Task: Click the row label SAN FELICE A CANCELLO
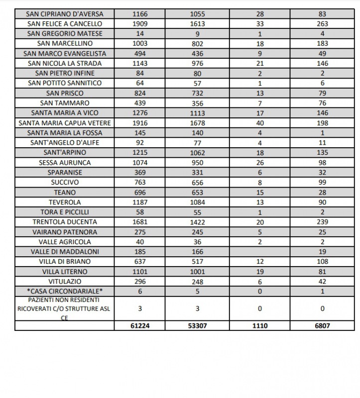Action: (x=65, y=23)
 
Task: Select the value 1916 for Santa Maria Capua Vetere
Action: (x=140, y=123)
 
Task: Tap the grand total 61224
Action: (x=140, y=325)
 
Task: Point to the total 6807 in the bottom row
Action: (x=322, y=325)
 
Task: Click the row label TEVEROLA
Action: (x=65, y=202)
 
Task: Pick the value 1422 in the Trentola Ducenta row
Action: (x=197, y=222)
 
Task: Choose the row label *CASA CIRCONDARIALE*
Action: (x=65, y=291)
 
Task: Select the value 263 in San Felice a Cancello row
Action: (x=322, y=23)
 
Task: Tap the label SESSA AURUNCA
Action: (x=65, y=163)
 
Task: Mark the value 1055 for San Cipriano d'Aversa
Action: (x=197, y=14)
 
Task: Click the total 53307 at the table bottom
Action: (x=197, y=325)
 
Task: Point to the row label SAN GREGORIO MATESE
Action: (x=65, y=33)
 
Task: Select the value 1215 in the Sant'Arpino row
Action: (x=140, y=153)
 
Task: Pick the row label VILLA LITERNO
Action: (x=65, y=272)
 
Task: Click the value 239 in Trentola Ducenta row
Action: (x=322, y=222)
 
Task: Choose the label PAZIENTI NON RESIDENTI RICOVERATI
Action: (x=65, y=308)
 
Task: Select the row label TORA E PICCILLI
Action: (x=65, y=212)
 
